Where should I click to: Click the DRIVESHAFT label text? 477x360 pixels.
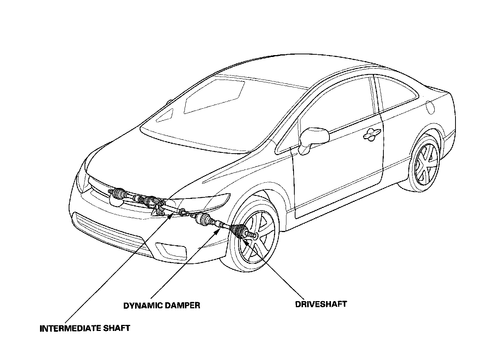click(x=321, y=304)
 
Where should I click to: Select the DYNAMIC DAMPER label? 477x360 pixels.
click(x=162, y=305)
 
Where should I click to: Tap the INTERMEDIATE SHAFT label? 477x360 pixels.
click(x=85, y=328)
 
